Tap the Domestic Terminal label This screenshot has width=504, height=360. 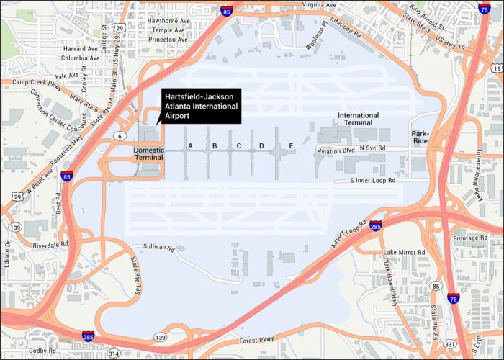coord(149,155)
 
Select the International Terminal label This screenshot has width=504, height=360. coord(358,119)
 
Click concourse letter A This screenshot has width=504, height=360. coord(191,146)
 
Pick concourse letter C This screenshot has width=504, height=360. coord(238,146)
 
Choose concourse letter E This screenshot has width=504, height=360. coord(291,146)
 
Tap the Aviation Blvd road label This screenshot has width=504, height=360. coord(337,150)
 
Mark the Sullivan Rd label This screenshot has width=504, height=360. coord(159,248)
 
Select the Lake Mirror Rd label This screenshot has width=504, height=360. coord(405,252)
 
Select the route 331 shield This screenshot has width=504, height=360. coord(449,345)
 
